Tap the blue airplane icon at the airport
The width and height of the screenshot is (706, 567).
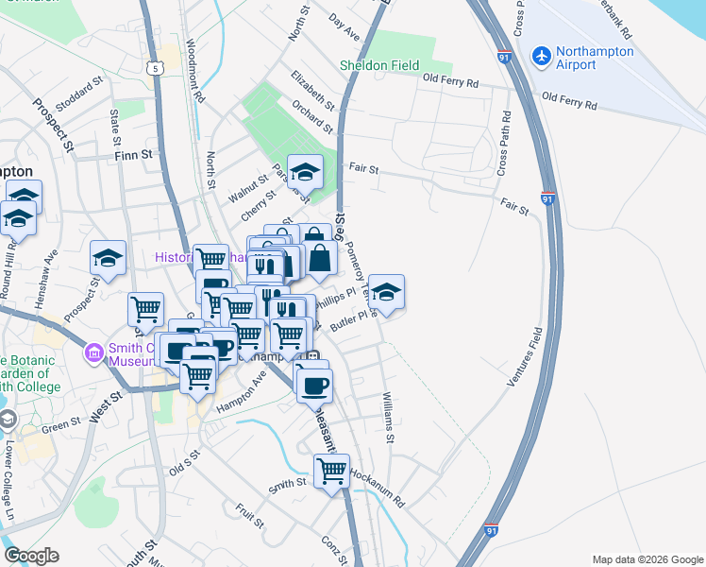tap(542, 57)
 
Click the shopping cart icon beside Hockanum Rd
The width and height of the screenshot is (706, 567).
tap(331, 470)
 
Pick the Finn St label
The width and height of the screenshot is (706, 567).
tap(133, 155)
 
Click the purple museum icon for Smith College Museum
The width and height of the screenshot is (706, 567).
tap(92, 354)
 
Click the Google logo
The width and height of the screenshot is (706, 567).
tap(31, 556)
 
